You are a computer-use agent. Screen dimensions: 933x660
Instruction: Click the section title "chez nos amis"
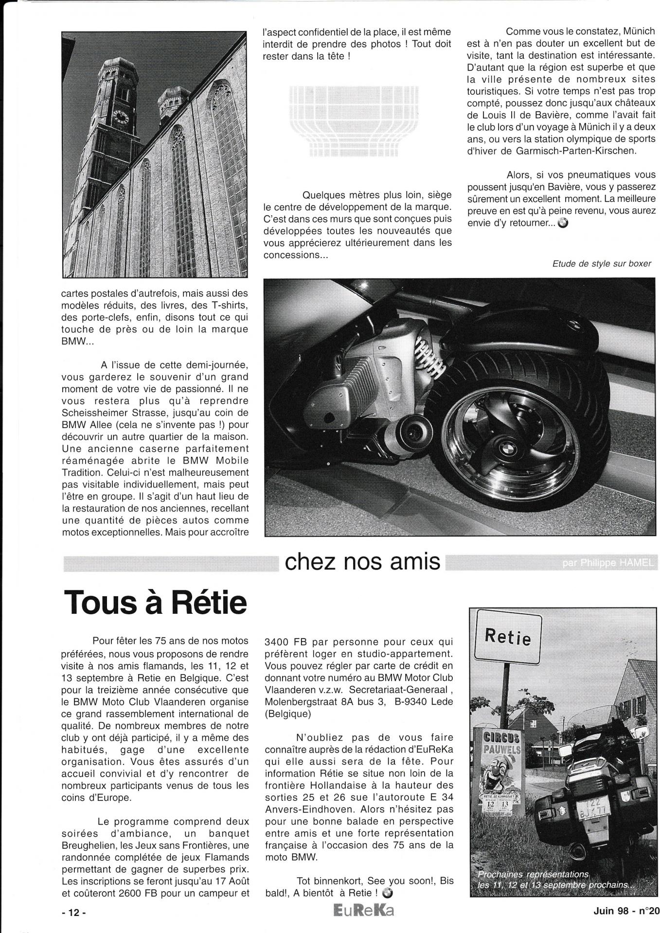pos(362,562)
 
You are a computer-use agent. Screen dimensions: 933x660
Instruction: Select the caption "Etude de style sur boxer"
pos(601,263)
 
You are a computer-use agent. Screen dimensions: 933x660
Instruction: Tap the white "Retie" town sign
pos(507,637)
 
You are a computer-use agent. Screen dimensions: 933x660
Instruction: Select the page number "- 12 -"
pos(73,912)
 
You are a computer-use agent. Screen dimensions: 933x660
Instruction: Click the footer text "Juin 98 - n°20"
pos(624,912)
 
